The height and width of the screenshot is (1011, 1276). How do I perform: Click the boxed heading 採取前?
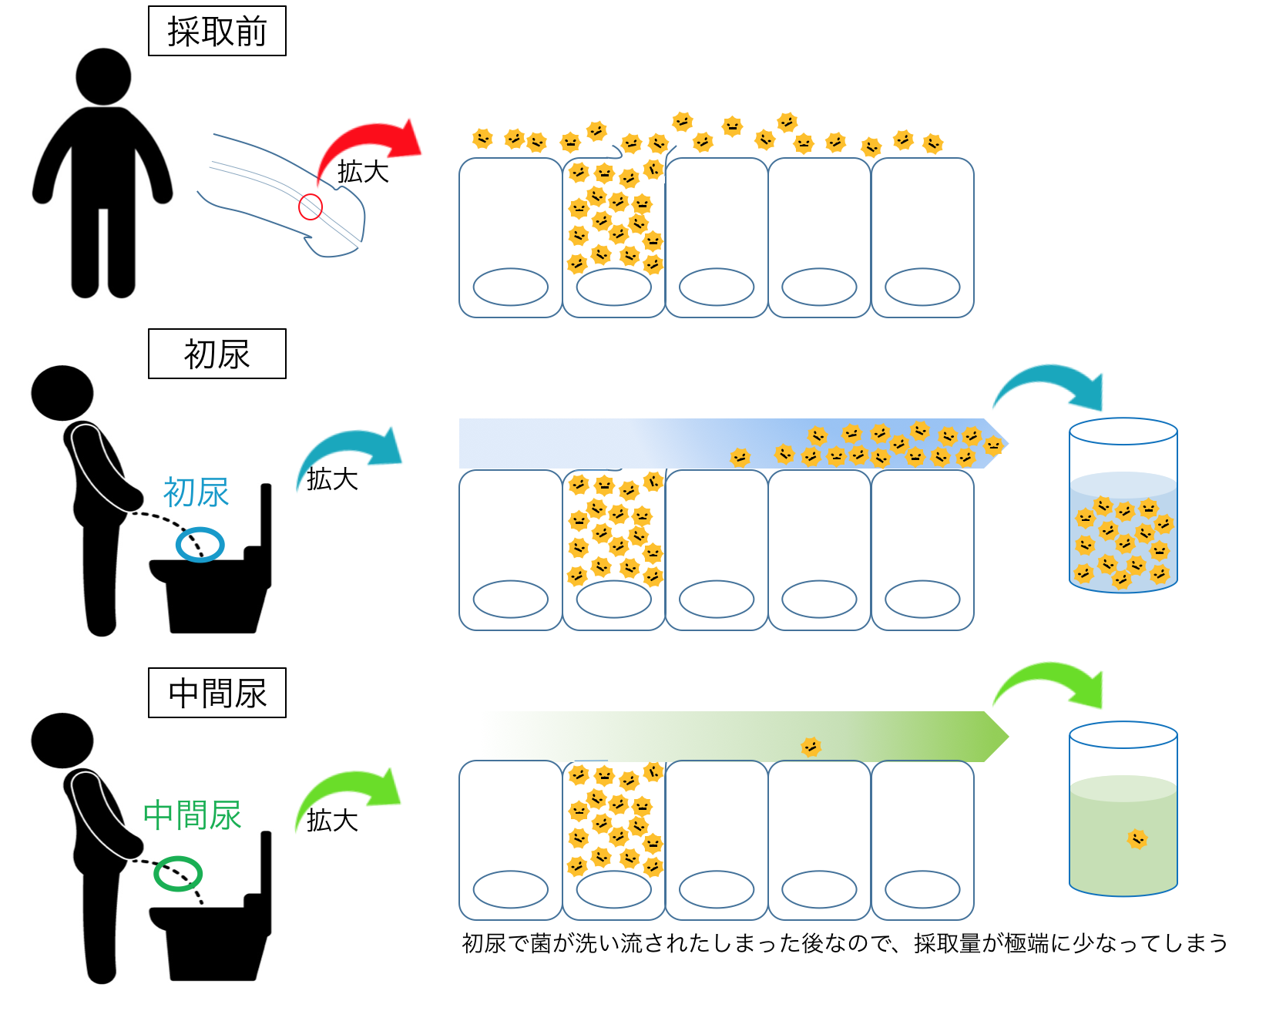click(217, 31)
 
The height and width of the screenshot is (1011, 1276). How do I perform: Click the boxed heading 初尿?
click(217, 354)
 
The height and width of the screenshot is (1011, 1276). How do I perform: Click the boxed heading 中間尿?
click(217, 693)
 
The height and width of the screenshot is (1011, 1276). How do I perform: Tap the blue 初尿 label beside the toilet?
click(196, 492)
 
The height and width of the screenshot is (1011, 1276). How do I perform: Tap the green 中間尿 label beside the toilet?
click(193, 815)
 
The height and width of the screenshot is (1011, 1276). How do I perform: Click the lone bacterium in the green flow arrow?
click(811, 746)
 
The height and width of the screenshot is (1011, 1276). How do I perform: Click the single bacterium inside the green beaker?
click(1137, 838)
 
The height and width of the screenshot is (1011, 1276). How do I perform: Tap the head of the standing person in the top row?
click(103, 76)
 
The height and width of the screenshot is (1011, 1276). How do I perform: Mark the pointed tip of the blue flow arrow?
click(1008, 444)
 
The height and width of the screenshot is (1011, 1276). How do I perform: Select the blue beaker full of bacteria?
click(1123, 506)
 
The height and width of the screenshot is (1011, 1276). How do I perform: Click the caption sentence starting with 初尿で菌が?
click(845, 942)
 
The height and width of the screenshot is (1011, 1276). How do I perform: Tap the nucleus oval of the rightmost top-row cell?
click(922, 287)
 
